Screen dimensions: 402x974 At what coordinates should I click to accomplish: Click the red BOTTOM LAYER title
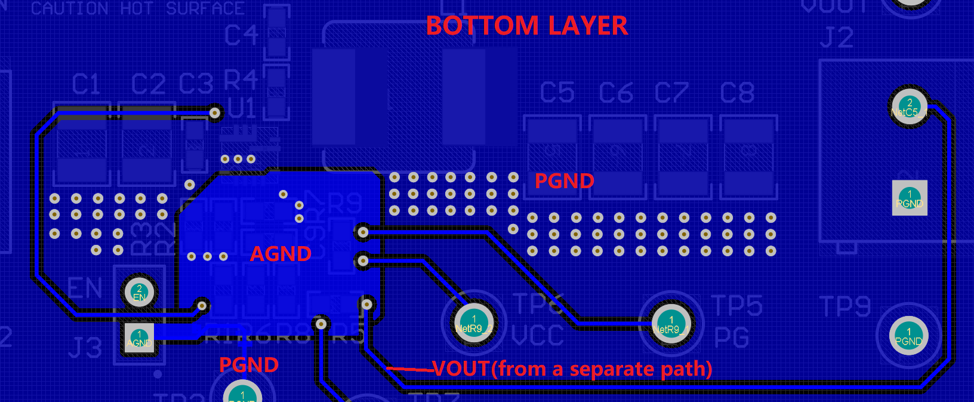coord(526,26)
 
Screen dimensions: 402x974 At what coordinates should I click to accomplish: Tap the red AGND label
coord(281,254)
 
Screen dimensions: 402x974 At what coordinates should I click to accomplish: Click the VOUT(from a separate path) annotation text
coord(572,369)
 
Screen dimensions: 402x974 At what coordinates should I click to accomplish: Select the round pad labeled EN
coord(139,292)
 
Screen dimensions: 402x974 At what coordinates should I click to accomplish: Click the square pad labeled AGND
coord(138,339)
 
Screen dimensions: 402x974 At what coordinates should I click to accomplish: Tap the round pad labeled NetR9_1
coord(671,324)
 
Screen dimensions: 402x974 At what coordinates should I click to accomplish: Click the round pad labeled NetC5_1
coord(909,108)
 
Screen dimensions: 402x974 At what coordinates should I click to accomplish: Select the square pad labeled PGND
coord(909,198)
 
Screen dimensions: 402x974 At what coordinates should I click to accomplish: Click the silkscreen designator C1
coord(86,85)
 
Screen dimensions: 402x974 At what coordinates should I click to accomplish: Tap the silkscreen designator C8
coord(737,93)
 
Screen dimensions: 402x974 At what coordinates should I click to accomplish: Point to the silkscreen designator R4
coord(241,79)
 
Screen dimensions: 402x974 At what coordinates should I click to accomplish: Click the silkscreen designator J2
coord(836,38)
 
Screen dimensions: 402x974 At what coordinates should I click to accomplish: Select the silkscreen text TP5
coord(736,306)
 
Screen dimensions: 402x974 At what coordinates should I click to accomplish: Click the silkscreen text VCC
coord(537,336)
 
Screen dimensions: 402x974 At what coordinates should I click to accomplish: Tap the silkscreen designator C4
coord(241,35)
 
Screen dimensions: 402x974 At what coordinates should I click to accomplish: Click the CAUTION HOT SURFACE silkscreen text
coord(137,8)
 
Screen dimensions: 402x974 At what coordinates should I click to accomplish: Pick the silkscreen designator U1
coord(242,109)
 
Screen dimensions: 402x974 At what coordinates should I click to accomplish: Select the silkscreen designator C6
coord(616,93)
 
